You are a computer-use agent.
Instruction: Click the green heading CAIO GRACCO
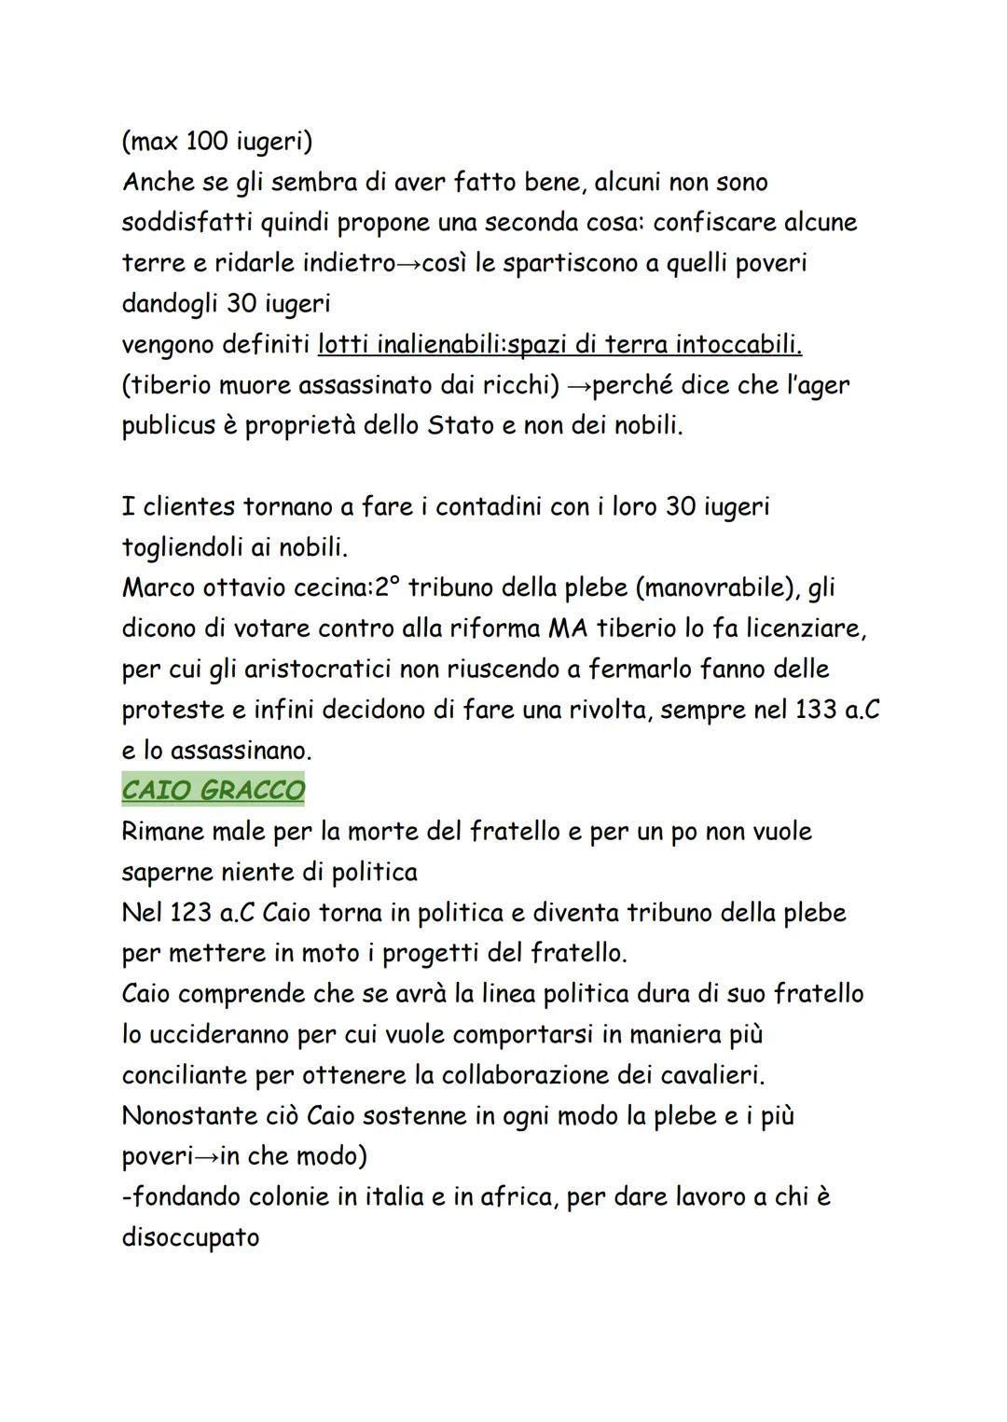point(213,791)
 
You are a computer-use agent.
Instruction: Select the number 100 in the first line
point(206,142)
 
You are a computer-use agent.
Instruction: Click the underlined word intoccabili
point(738,345)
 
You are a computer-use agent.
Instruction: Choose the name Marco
point(161,588)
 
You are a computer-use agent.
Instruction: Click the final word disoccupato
point(190,1237)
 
